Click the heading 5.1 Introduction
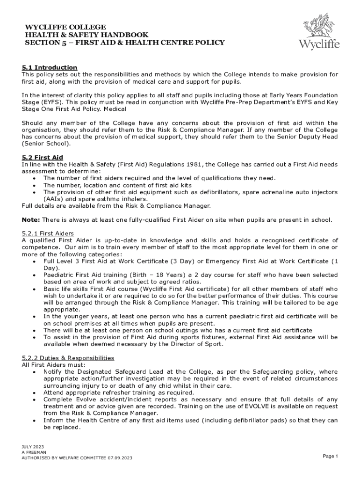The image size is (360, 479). click(x=50, y=67)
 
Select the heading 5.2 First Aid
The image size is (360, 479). click(x=43, y=157)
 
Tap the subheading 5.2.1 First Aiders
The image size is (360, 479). click(x=48, y=233)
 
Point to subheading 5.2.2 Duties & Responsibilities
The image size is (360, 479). click(x=68, y=358)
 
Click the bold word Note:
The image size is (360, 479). click(x=31, y=219)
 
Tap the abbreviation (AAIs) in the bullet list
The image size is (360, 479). click(x=55, y=198)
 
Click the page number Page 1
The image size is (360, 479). click(x=330, y=456)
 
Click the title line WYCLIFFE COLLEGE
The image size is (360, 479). click(x=65, y=27)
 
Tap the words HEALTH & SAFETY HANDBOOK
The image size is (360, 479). click(x=86, y=35)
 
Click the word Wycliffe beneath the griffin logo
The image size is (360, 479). click(x=319, y=45)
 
